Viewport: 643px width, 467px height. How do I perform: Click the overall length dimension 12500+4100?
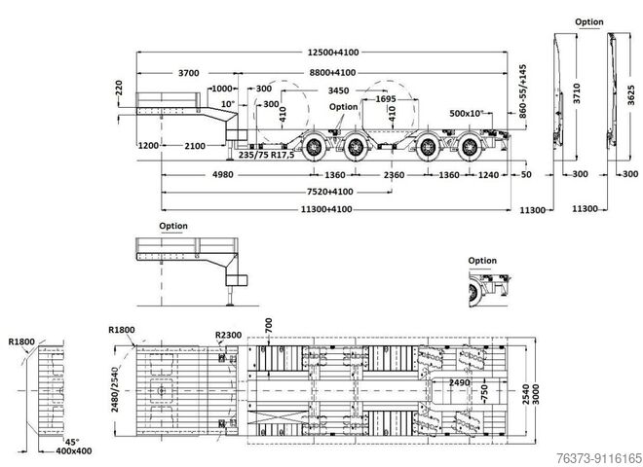331,51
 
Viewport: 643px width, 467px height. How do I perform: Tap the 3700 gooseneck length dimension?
189,73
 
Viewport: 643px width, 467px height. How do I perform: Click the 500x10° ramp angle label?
469,114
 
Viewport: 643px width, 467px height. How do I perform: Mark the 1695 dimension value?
384,99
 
